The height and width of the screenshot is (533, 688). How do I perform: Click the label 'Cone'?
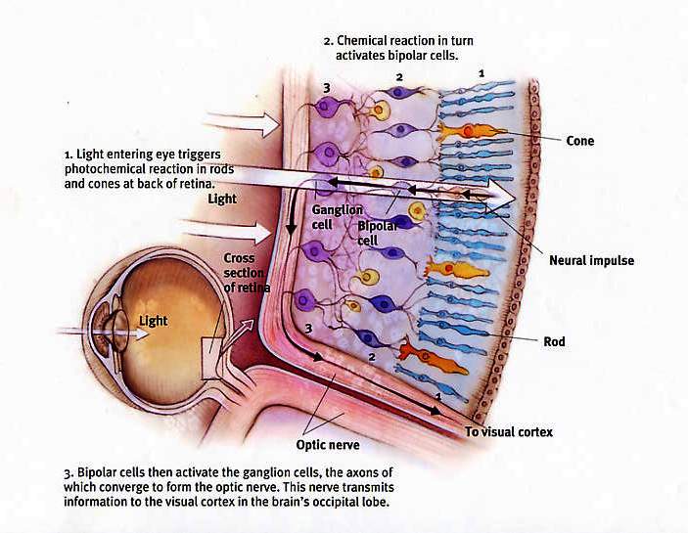click(579, 141)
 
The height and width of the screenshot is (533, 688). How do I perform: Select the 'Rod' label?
click(554, 342)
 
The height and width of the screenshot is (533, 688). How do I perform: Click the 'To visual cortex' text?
click(509, 431)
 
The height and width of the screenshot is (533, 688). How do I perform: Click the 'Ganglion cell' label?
click(337, 217)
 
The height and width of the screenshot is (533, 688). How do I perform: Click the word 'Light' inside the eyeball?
click(153, 321)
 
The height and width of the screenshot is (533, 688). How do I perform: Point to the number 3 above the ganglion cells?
click(326, 88)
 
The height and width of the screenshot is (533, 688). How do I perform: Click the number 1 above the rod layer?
click(481, 72)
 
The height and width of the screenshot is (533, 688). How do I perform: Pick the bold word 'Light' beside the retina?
click(223, 199)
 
